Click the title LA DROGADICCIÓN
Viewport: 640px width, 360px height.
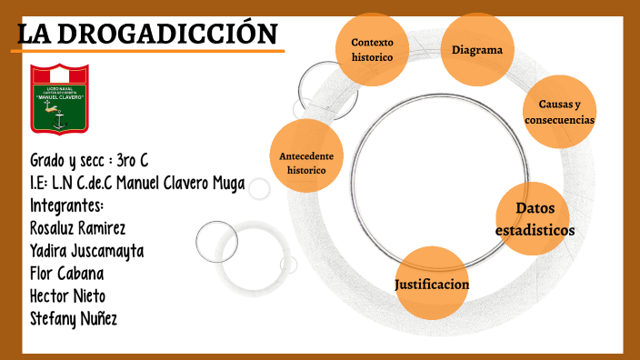(x=149, y=35)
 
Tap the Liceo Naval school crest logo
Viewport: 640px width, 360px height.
(x=60, y=98)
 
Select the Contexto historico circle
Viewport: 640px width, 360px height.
(x=372, y=49)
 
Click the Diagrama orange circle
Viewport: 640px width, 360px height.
(x=477, y=50)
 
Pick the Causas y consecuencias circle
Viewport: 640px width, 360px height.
(x=559, y=112)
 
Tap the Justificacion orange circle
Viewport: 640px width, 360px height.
(x=432, y=285)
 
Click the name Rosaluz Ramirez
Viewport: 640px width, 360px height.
(x=77, y=226)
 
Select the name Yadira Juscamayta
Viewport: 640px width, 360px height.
(x=86, y=250)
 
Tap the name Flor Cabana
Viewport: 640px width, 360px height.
(x=66, y=273)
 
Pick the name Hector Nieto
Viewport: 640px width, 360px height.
(x=67, y=295)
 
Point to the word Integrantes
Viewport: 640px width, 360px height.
(x=66, y=205)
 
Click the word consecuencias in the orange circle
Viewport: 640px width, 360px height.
(x=559, y=120)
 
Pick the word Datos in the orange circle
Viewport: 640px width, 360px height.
(x=535, y=209)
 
